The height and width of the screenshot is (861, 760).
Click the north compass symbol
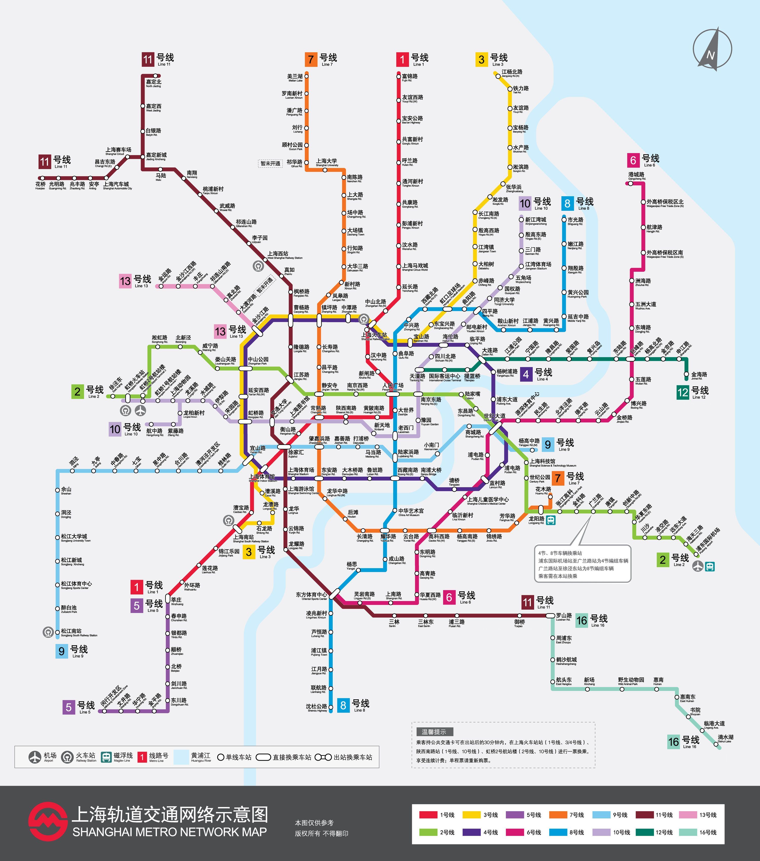tap(712, 49)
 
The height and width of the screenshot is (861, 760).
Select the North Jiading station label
tap(154, 83)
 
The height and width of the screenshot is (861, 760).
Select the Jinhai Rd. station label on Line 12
tap(699, 375)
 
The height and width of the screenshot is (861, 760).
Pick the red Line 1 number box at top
tap(402, 59)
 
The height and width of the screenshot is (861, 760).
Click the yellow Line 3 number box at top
tap(481, 59)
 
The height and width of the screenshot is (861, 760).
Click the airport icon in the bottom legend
tap(35, 757)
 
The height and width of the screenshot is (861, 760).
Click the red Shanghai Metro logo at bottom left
tap(48, 821)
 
